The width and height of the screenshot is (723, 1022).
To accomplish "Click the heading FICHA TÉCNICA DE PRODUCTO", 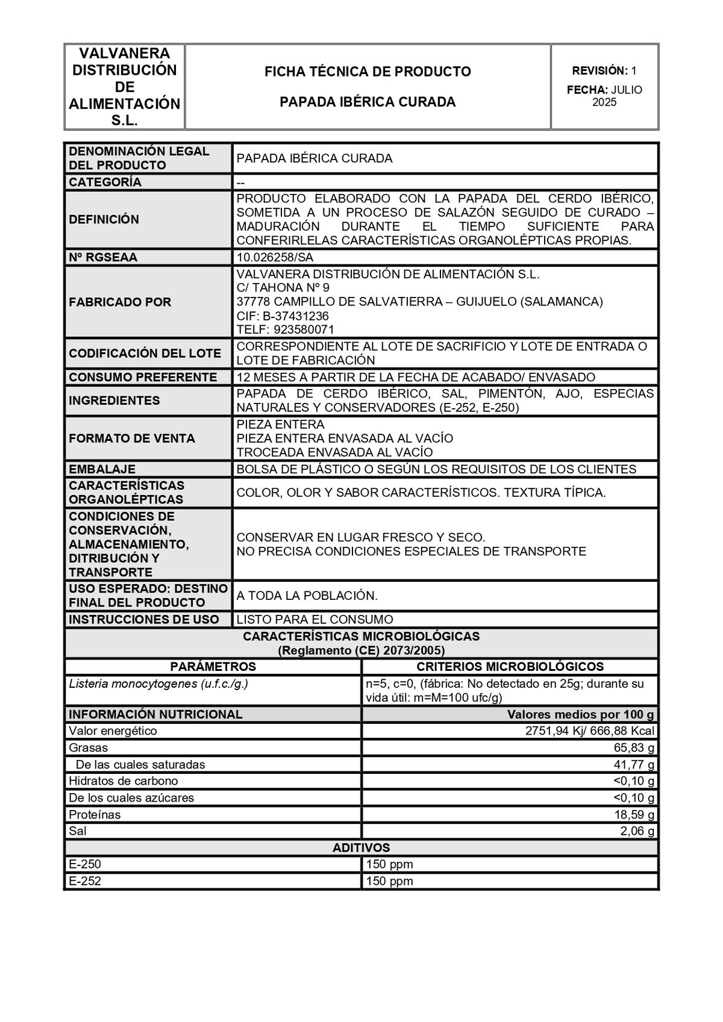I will click(x=368, y=72).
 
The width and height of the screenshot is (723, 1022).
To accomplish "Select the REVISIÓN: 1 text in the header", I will click(x=604, y=71).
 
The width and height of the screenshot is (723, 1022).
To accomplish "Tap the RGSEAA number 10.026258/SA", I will click(x=275, y=257).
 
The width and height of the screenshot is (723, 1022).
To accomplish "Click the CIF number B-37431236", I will click(x=295, y=316).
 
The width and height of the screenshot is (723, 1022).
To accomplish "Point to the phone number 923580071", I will click(x=304, y=329).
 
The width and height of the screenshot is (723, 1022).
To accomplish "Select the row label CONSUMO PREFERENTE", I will click(x=143, y=377).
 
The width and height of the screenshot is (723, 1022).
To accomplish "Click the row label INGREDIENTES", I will click(x=114, y=400).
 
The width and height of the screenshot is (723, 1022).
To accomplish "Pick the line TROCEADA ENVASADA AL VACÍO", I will click(x=334, y=452).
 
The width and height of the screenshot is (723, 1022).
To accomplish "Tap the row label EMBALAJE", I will click(x=102, y=469).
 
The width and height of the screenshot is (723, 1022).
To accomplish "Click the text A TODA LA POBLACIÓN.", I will click(x=307, y=596).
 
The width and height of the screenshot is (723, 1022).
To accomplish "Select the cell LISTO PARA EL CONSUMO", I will click(x=315, y=619).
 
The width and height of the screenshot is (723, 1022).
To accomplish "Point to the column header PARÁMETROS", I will click(x=213, y=667).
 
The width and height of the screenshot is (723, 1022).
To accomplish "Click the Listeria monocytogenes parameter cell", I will click(x=158, y=684).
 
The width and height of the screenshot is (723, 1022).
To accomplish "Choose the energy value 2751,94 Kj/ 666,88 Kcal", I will click(x=590, y=731).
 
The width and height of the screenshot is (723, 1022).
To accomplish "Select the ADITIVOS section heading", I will click(x=361, y=848).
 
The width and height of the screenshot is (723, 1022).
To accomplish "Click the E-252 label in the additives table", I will click(x=85, y=881).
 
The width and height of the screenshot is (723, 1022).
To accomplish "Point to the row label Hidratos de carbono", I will click(x=124, y=781).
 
